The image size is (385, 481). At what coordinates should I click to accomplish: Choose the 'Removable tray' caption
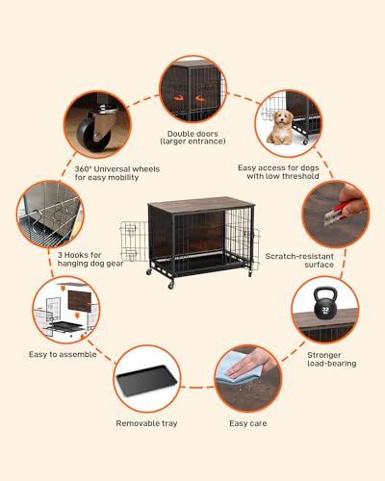(146, 422)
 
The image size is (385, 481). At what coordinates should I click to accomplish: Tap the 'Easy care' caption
(247, 422)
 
